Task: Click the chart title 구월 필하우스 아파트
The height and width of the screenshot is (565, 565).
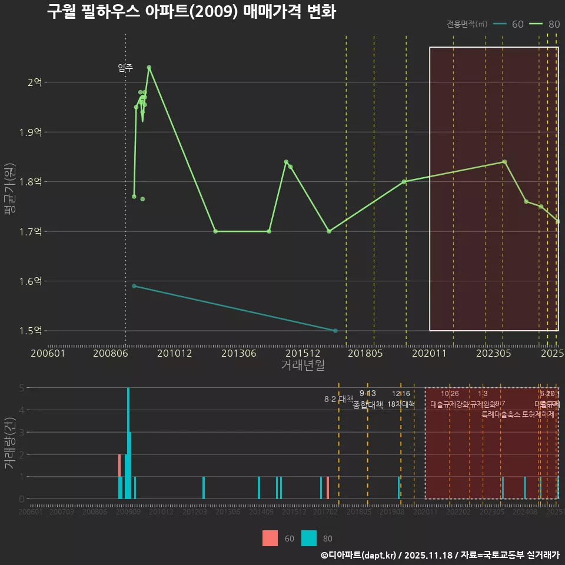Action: tap(191, 12)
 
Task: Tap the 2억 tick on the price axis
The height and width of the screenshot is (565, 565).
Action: tap(35, 82)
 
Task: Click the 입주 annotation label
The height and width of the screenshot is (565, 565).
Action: tap(125, 68)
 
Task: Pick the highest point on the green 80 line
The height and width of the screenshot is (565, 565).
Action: tap(149, 67)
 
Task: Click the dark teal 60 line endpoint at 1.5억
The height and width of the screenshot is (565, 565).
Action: tap(335, 331)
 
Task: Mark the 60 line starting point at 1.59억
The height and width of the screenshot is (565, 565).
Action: tap(134, 286)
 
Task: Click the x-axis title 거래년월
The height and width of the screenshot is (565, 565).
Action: tap(303, 365)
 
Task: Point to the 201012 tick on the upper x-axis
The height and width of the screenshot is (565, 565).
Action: tap(175, 353)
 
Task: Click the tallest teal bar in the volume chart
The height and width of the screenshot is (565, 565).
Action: tap(128, 443)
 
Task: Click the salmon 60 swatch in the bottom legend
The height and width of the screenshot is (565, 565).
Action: tap(270, 538)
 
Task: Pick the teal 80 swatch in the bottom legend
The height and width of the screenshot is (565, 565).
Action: tap(309, 538)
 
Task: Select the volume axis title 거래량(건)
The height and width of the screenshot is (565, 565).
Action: tap(9, 443)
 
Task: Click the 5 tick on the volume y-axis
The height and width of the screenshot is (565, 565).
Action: tap(22, 388)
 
